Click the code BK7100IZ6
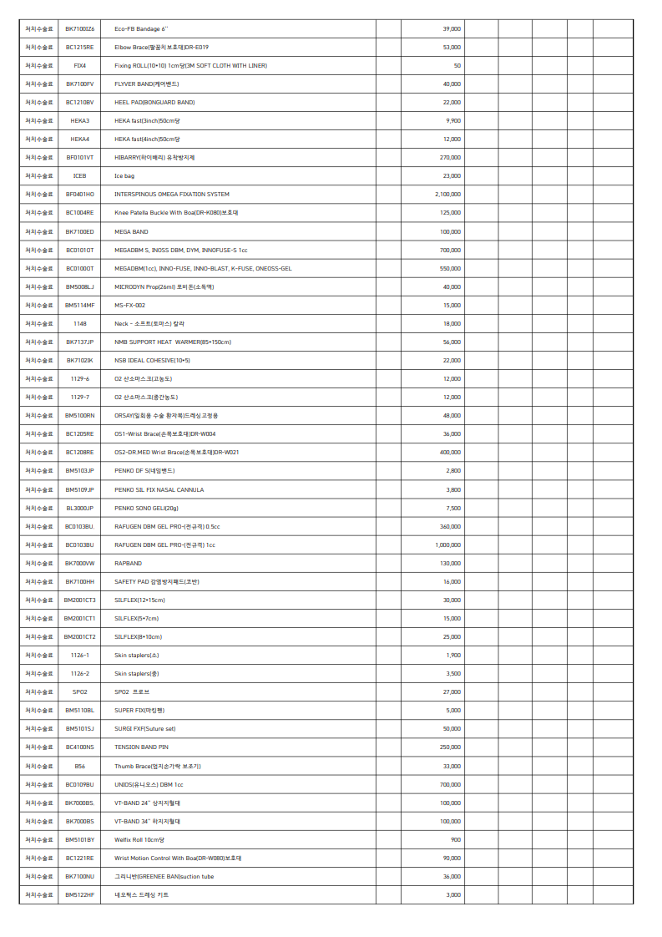(x=80, y=29)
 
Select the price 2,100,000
(x=447, y=195)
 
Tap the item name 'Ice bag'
(x=124, y=176)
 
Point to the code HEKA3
(x=80, y=121)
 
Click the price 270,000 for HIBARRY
(x=450, y=158)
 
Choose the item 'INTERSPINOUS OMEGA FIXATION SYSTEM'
(x=172, y=195)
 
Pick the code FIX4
(x=80, y=66)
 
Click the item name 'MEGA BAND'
(x=131, y=231)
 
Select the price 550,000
(x=450, y=269)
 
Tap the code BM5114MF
(x=80, y=306)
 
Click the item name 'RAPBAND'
(x=128, y=564)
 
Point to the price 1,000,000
(x=447, y=545)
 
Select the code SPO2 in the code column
(x=80, y=692)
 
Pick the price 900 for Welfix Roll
(x=455, y=839)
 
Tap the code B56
(x=80, y=766)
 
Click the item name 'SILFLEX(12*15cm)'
(x=139, y=600)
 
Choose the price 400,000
(x=450, y=453)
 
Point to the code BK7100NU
(x=80, y=876)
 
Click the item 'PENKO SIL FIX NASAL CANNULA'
(x=159, y=490)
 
